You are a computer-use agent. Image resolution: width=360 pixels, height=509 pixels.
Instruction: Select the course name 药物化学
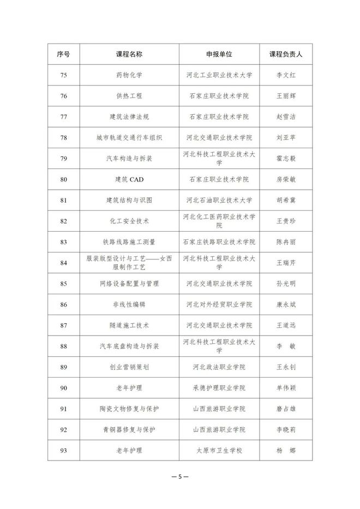click(x=129, y=75)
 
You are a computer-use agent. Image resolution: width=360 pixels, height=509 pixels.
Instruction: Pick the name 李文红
click(x=286, y=75)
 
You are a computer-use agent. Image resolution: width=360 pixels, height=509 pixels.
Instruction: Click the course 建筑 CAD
click(x=129, y=179)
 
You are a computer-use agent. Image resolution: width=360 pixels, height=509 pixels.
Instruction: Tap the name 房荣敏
click(x=286, y=179)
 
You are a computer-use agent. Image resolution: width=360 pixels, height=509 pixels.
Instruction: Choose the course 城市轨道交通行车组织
click(x=129, y=138)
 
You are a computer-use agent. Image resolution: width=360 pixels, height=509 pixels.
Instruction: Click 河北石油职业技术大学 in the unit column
click(x=219, y=200)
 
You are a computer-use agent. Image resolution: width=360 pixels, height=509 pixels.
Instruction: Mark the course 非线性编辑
click(x=129, y=305)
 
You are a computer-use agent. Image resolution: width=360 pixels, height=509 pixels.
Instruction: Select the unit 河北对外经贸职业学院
click(x=219, y=305)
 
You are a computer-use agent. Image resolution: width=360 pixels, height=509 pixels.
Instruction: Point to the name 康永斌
click(x=286, y=305)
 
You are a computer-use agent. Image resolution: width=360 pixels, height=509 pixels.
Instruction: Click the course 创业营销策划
click(x=129, y=367)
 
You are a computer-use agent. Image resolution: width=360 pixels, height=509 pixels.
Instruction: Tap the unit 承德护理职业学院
click(x=219, y=388)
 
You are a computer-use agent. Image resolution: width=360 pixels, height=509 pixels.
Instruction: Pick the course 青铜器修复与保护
click(x=129, y=430)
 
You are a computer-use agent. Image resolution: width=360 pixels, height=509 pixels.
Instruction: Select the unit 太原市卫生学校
click(x=219, y=451)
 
